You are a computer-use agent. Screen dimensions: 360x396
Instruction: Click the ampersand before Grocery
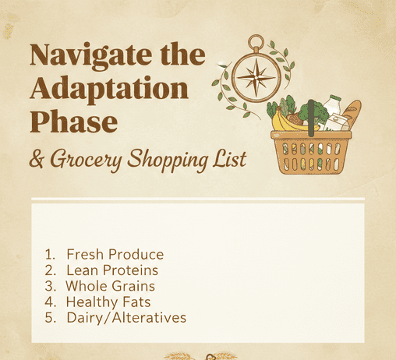coord(37,160)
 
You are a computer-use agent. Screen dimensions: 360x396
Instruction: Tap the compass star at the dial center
coord(254,78)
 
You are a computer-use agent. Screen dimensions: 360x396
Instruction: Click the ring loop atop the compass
coord(255,41)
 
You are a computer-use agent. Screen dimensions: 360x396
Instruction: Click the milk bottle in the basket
coord(334,109)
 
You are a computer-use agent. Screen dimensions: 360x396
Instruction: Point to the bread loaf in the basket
coord(352,115)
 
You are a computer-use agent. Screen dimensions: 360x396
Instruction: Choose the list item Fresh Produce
coord(115,255)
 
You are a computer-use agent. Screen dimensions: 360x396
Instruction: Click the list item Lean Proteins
coord(112,270)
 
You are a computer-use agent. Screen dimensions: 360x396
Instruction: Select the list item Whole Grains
coord(115,286)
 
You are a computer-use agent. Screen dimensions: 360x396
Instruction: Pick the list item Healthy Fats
coord(108,302)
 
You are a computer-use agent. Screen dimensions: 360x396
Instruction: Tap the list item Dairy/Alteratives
coord(126,317)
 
